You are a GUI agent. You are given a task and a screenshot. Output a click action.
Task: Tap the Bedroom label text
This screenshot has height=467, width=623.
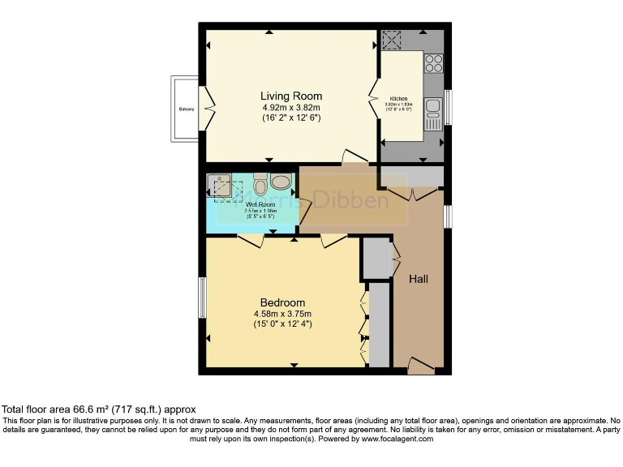277,302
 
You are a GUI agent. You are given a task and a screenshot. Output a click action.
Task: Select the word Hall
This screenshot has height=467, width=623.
419,279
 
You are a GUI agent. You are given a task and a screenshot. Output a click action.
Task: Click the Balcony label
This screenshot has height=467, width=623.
186,108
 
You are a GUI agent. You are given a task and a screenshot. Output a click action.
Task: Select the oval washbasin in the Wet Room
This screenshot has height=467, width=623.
281,182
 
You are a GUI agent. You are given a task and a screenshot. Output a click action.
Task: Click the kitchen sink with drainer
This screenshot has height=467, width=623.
432,113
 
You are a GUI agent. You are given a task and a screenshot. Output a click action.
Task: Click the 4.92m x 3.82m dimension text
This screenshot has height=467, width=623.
290,107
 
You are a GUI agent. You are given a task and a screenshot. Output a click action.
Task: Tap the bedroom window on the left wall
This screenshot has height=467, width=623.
202,298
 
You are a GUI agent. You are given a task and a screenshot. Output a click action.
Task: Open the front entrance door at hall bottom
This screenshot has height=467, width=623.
420,366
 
